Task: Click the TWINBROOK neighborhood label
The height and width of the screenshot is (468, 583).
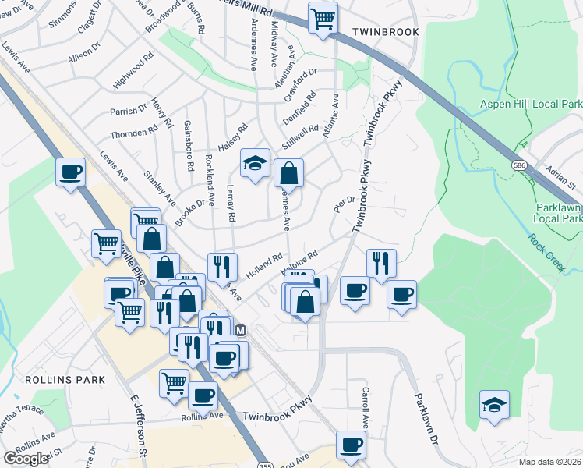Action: coord(385,32)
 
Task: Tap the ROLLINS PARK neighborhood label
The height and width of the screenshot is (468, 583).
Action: coord(54,379)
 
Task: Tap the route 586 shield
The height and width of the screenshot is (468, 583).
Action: coord(519,165)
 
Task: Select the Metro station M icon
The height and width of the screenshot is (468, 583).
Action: coord(241,331)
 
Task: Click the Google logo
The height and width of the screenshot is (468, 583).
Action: coord(26,459)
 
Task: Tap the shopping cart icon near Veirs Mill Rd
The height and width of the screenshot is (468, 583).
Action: coord(323,17)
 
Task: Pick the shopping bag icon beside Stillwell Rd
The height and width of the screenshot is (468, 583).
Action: coord(288,172)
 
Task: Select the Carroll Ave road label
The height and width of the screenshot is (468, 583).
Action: coord(365,408)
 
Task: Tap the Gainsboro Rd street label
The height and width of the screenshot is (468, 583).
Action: coord(188,146)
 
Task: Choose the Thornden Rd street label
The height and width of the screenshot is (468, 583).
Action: coord(133,133)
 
